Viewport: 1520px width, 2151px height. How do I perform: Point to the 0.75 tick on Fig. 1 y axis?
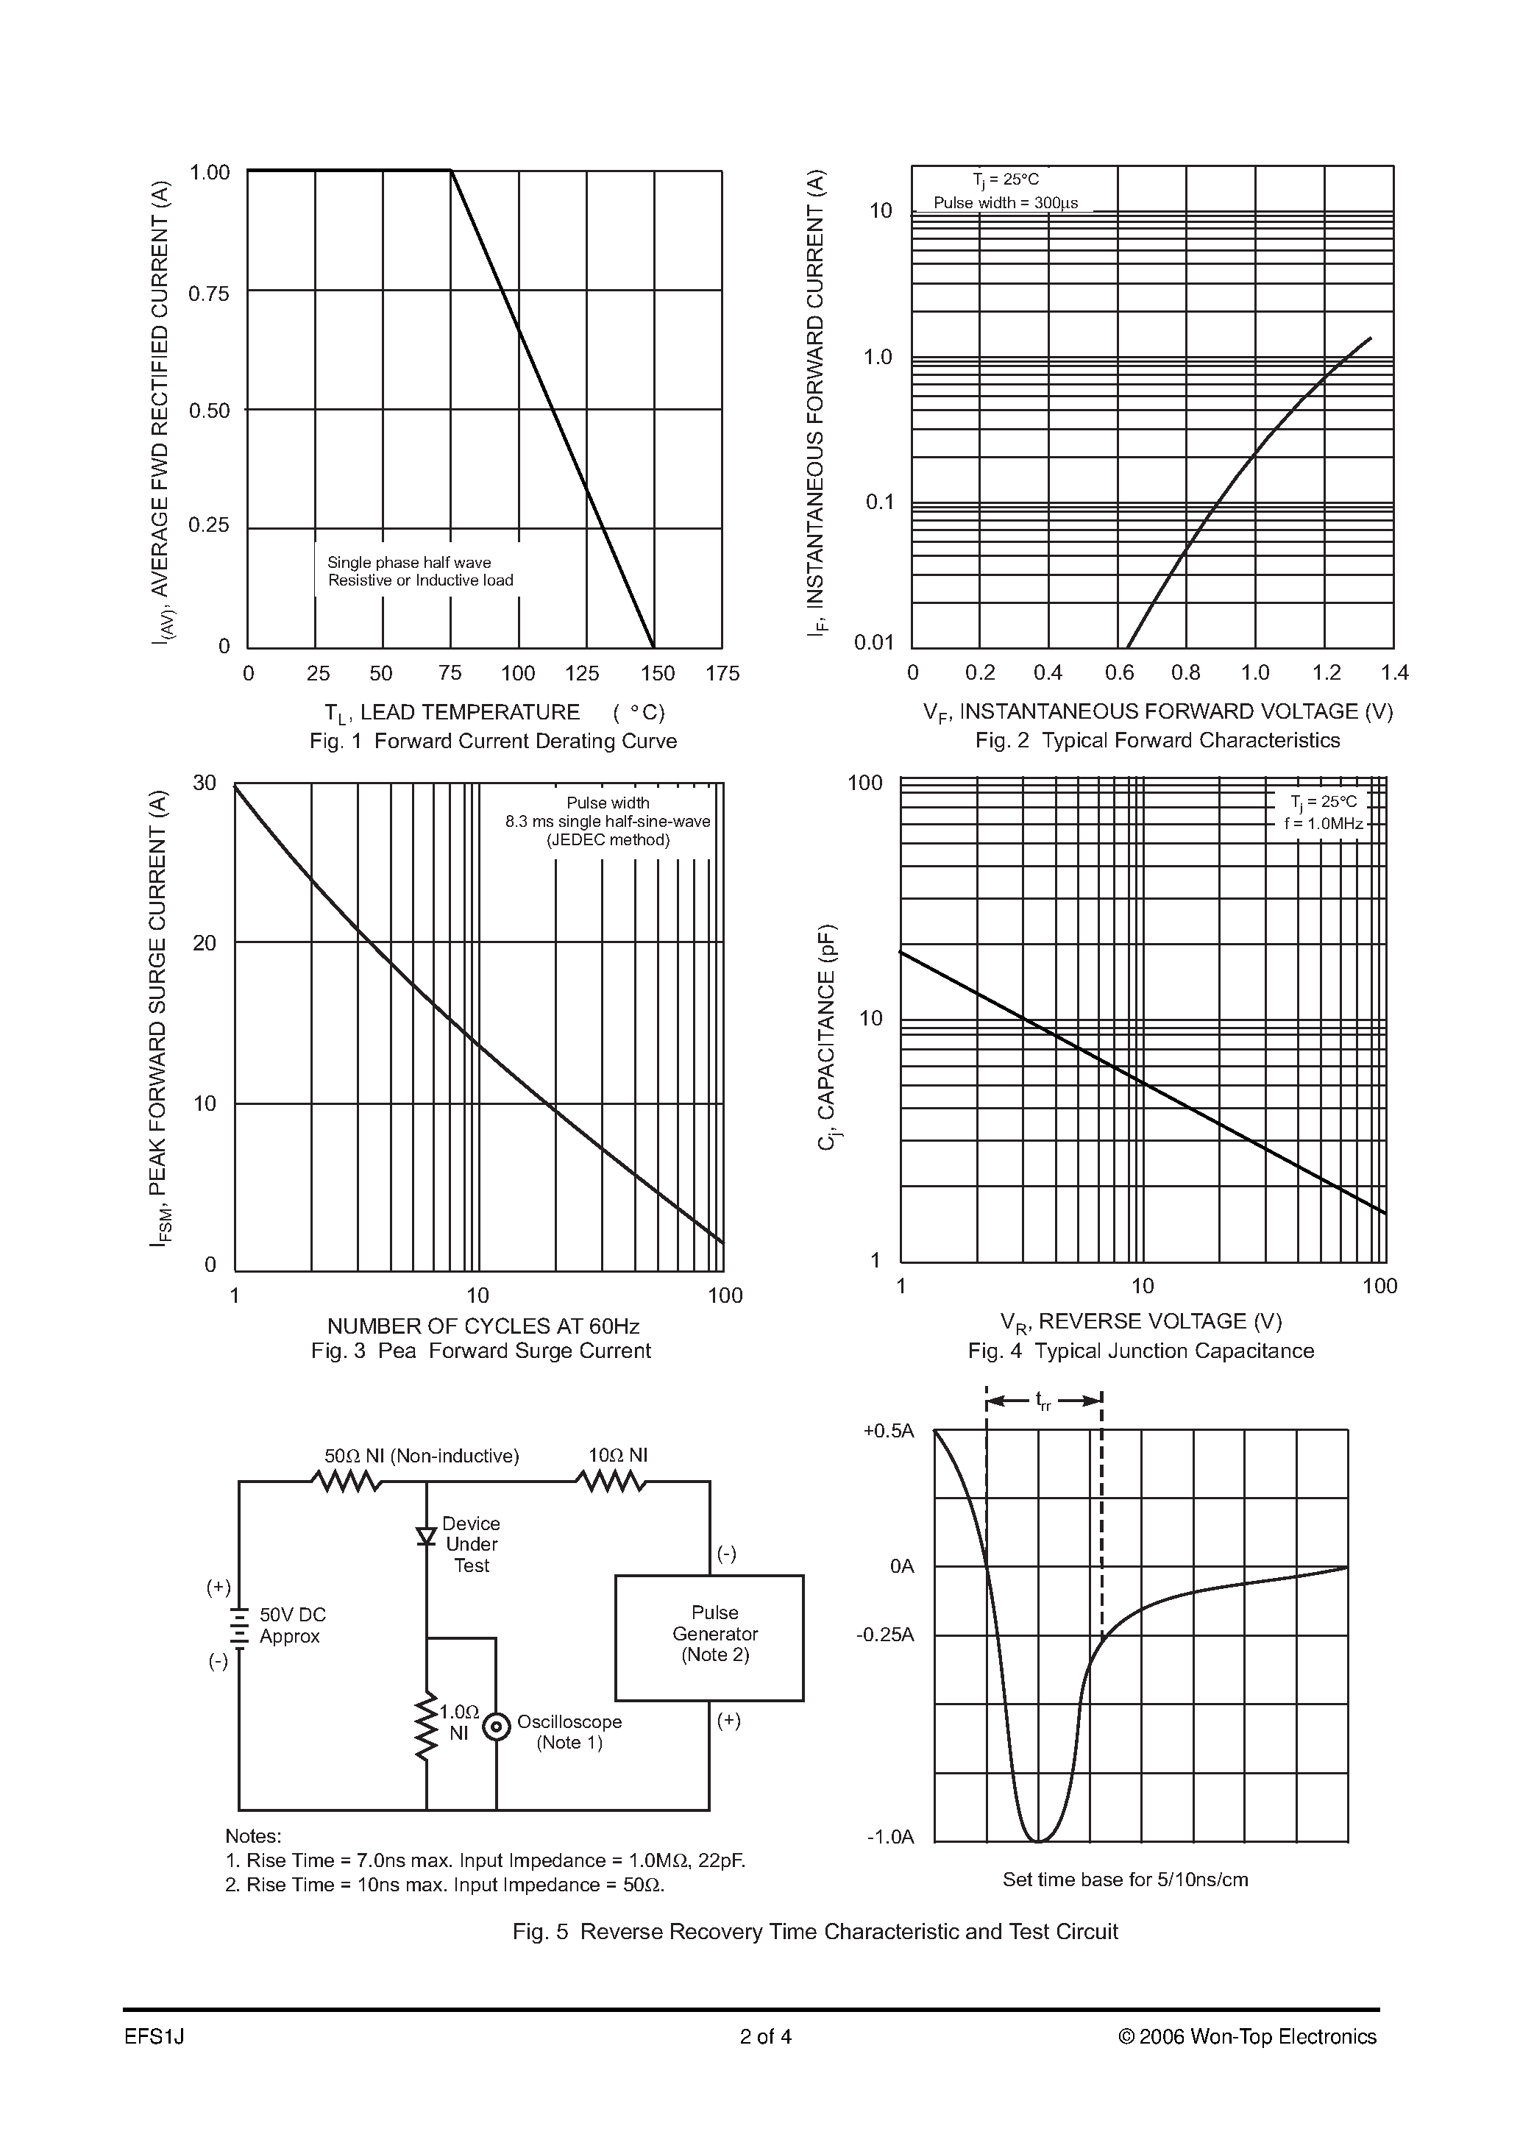[x=208, y=294]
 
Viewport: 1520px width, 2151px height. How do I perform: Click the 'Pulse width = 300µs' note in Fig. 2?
[x=1006, y=202]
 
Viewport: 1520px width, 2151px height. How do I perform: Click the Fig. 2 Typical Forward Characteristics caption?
[x=1157, y=740]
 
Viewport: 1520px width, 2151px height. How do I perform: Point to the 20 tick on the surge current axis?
[x=205, y=942]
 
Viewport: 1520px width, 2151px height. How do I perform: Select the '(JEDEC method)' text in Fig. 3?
[x=608, y=839]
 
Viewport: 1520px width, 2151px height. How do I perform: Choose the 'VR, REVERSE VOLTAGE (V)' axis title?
[x=1140, y=1322]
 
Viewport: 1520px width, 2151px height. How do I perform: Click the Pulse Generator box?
[x=708, y=1638]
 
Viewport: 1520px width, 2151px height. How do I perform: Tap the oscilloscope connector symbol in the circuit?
[x=496, y=1726]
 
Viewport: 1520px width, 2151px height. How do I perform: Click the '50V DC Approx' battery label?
[x=292, y=1626]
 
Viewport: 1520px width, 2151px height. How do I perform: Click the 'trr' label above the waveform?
[x=1043, y=1401]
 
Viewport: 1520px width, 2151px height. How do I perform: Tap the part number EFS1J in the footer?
[x=154, y=2037]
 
